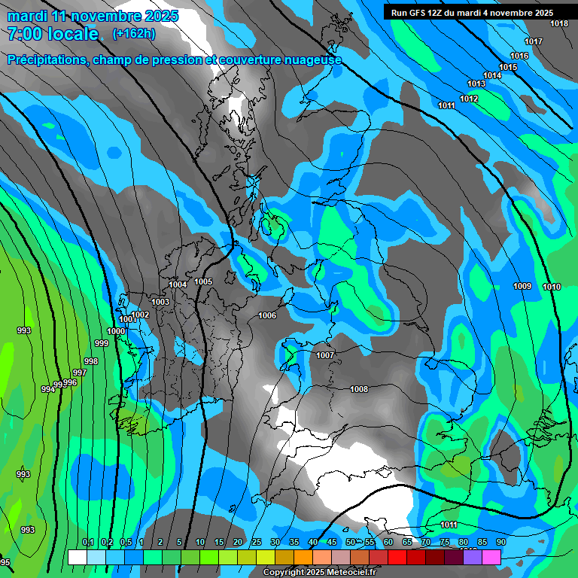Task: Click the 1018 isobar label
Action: click(x=559, y=23)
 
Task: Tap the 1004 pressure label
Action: click(x=178, y=284)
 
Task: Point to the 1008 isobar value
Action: click(x=359, y=389)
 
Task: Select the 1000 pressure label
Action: click(x=116, y=331)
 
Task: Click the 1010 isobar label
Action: click(x=552, y=287)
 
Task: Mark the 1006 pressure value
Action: click(x=267, y=315)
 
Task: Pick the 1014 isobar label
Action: click(x=492, y=75)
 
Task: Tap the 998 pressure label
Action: click(x=91, y=361)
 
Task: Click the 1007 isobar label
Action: click(x=325, y=355)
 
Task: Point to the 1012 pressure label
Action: click(x=469, y=99)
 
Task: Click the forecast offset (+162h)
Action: click(x=134, y=33)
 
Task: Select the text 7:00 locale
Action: click(x=53, y=33)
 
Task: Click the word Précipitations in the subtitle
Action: click(x=45, y=60)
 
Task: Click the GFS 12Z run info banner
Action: click(x=472, y=13)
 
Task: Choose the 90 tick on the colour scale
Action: click(x=500, y=542)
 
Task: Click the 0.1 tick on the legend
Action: click(x=88, y=542)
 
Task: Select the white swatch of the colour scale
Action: click(x=77, y=557)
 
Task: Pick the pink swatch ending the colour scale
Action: click(x=491, y=557)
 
